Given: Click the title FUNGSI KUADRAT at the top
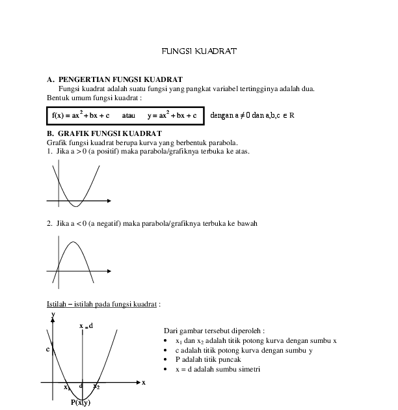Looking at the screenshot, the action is click(x=198, y=50).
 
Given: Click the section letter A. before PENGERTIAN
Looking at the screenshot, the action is click(x=50, y=79).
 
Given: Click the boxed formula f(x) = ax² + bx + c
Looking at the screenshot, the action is click(x=81, y=115).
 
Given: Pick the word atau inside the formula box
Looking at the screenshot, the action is click(x=128, y=115).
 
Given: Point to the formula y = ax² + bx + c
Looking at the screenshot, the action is click(x=172, y=115).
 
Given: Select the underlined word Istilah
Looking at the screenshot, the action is click(x=57, y=303).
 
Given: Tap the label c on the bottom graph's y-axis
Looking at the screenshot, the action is click(x=47, y=349).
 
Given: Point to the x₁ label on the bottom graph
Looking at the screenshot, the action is click(x=66, y=387).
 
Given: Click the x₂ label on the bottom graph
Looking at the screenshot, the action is click(x=96, y=387).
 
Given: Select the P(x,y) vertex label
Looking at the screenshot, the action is click(x=81, y=402).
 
